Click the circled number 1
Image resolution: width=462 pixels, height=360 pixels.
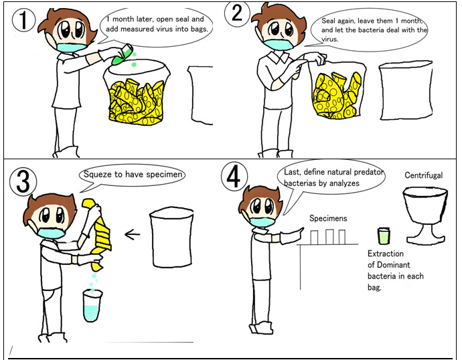click(x=23, y=20)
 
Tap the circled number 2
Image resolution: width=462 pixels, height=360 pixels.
click(x=237, y=14)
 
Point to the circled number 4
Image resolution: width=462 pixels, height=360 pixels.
click(x=234, y=176)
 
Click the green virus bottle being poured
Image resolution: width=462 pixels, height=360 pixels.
click(x=123, y=54)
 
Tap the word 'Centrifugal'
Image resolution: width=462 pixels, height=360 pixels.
click(x=423, y=175)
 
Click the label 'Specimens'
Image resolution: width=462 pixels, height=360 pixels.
click(x=328, y=218)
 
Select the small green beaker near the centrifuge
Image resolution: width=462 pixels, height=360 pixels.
click(x=384, y=236)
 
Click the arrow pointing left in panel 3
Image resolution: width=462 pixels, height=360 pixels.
click(x=133, y=235)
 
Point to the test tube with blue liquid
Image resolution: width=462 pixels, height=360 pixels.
click(x=92, y=306)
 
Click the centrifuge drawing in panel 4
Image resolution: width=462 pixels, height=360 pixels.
click(x=425, y=215)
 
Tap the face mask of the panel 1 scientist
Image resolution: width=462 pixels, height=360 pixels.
click(x=72, y=47)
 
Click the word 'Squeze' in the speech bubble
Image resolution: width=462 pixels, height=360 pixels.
click(x=97, y=174)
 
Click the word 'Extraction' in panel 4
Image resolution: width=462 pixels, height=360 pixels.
click(x=386, y=254)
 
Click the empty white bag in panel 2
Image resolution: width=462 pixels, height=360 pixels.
click(x=406, y=90)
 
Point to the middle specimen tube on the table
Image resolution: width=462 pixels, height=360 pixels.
click(x=329, y=237)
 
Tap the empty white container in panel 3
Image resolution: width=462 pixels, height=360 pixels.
click(x=171, y=238)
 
